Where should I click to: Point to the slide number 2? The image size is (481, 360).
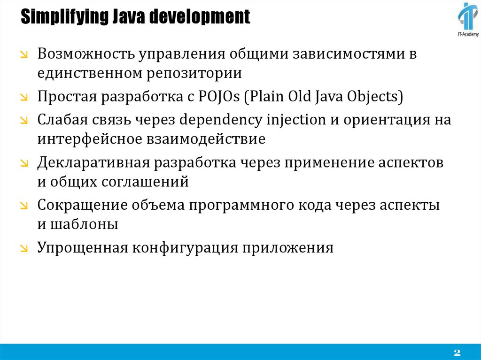click(x=457, y=352)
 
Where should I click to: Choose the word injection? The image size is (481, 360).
click(x=296, y=120)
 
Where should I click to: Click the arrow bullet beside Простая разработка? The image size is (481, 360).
click(x=24, y=98)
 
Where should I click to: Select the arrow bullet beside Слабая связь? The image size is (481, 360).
click(x=24, y=121)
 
